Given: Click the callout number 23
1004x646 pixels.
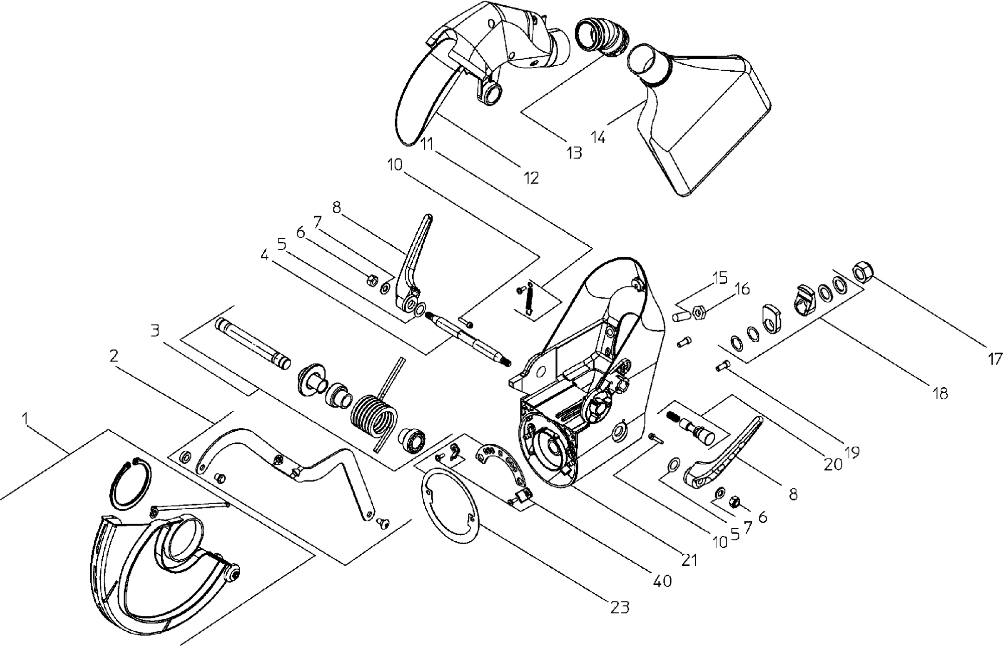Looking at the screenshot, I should tap(619, 607).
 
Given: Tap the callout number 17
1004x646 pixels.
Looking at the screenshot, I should tap(995, 359).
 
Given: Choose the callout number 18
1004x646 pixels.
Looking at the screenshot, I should tap(941, 394).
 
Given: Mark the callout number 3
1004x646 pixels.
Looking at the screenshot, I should tap(155, 331).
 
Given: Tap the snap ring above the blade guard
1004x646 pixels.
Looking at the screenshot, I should tap(129, 484).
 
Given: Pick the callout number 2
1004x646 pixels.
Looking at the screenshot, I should tap(114, 357).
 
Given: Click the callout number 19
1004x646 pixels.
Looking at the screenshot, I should tap(852, 452).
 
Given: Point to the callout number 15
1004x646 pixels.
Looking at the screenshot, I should tap(720, 278).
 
